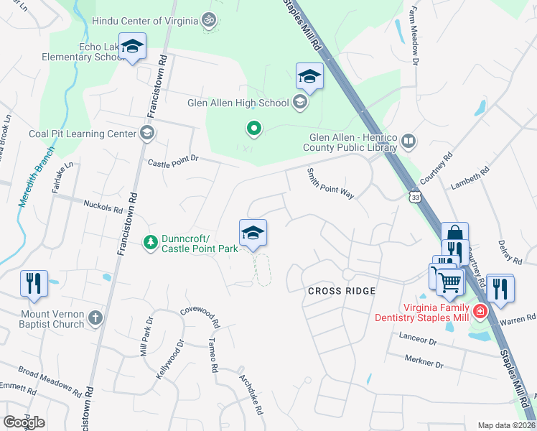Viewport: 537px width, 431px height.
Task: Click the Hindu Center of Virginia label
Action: [144, 21]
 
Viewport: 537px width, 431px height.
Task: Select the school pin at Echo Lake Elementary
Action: [131, 48]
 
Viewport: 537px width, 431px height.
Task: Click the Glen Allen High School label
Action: [238, 103]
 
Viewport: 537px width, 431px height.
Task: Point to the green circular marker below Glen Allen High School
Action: [253, 129]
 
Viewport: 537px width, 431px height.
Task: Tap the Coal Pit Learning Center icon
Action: [147, 133]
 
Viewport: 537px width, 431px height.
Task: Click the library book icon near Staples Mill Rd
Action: [408, 141]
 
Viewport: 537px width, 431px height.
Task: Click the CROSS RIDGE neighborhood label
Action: [342, 291]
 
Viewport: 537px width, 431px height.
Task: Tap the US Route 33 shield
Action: [415, 196]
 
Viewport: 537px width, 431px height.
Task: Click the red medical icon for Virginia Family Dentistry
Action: [478, 312]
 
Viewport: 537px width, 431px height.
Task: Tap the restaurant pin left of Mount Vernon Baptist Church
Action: [34, 284]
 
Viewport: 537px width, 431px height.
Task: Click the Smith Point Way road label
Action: [330, 185]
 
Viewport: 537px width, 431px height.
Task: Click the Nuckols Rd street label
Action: [103, 209]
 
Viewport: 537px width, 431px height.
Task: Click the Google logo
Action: [24, 422]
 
